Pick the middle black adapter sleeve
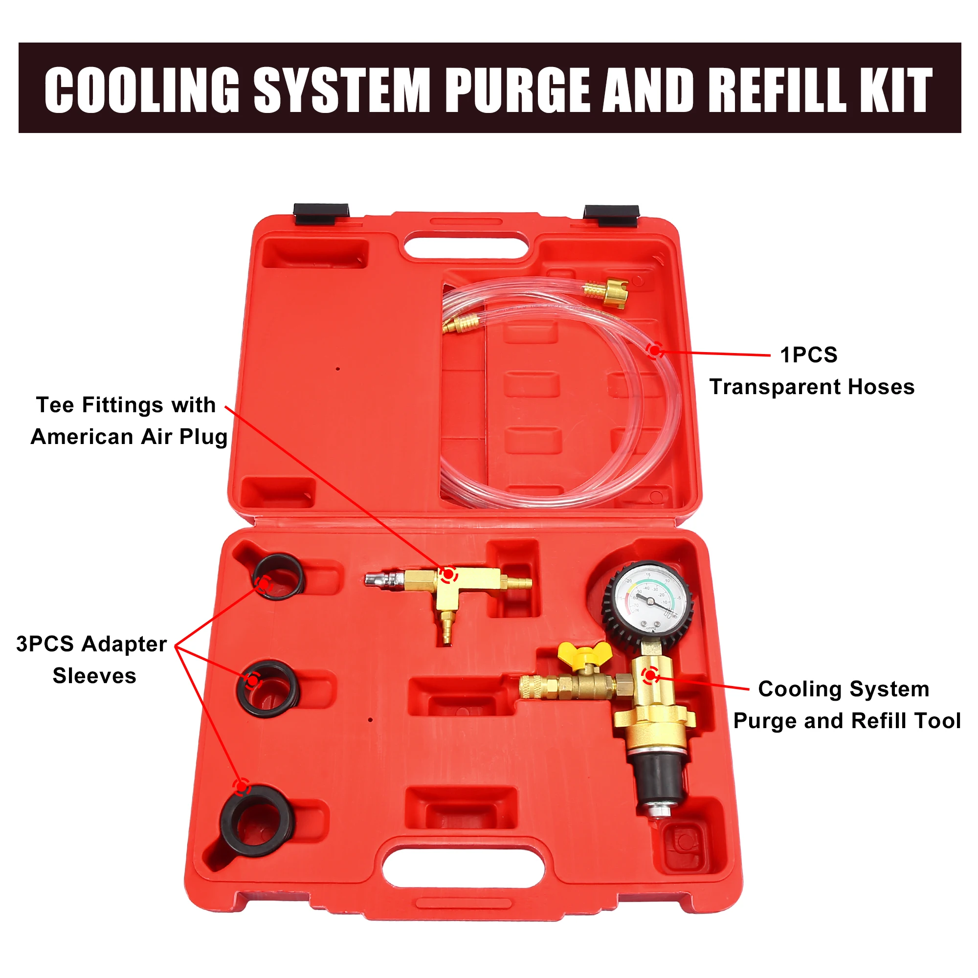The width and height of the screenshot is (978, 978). (269, 689)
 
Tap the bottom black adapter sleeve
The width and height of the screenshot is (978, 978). (258, 821)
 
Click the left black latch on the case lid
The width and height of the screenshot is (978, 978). (321, 213)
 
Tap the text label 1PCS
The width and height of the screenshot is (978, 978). (808, 355)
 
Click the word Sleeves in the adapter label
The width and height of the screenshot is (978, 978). (95, 676)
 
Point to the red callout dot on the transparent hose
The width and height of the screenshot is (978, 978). (656, 350)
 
